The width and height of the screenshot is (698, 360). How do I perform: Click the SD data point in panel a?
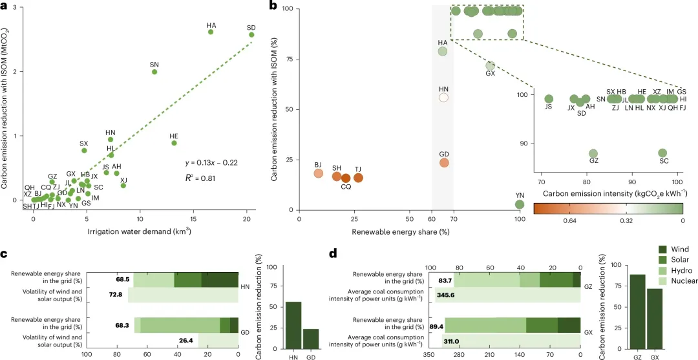click(251, 35)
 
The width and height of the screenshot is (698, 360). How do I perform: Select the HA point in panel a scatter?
click(211, 32)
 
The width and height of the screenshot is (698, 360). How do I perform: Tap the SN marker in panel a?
click(154, 72)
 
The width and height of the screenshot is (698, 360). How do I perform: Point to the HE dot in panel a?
click(174, 143)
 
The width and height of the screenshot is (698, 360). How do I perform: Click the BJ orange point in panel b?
click(318, 173)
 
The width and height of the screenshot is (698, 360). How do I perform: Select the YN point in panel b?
click(519, 204)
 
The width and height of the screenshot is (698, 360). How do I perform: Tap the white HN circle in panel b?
click(443, 98)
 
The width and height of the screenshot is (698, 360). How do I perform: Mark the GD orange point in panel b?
click(443, 162)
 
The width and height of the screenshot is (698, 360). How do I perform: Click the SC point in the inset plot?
click(662, 153)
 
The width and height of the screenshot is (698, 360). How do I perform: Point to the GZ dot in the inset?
click(593, 153)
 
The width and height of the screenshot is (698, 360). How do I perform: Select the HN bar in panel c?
click(293, 322)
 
